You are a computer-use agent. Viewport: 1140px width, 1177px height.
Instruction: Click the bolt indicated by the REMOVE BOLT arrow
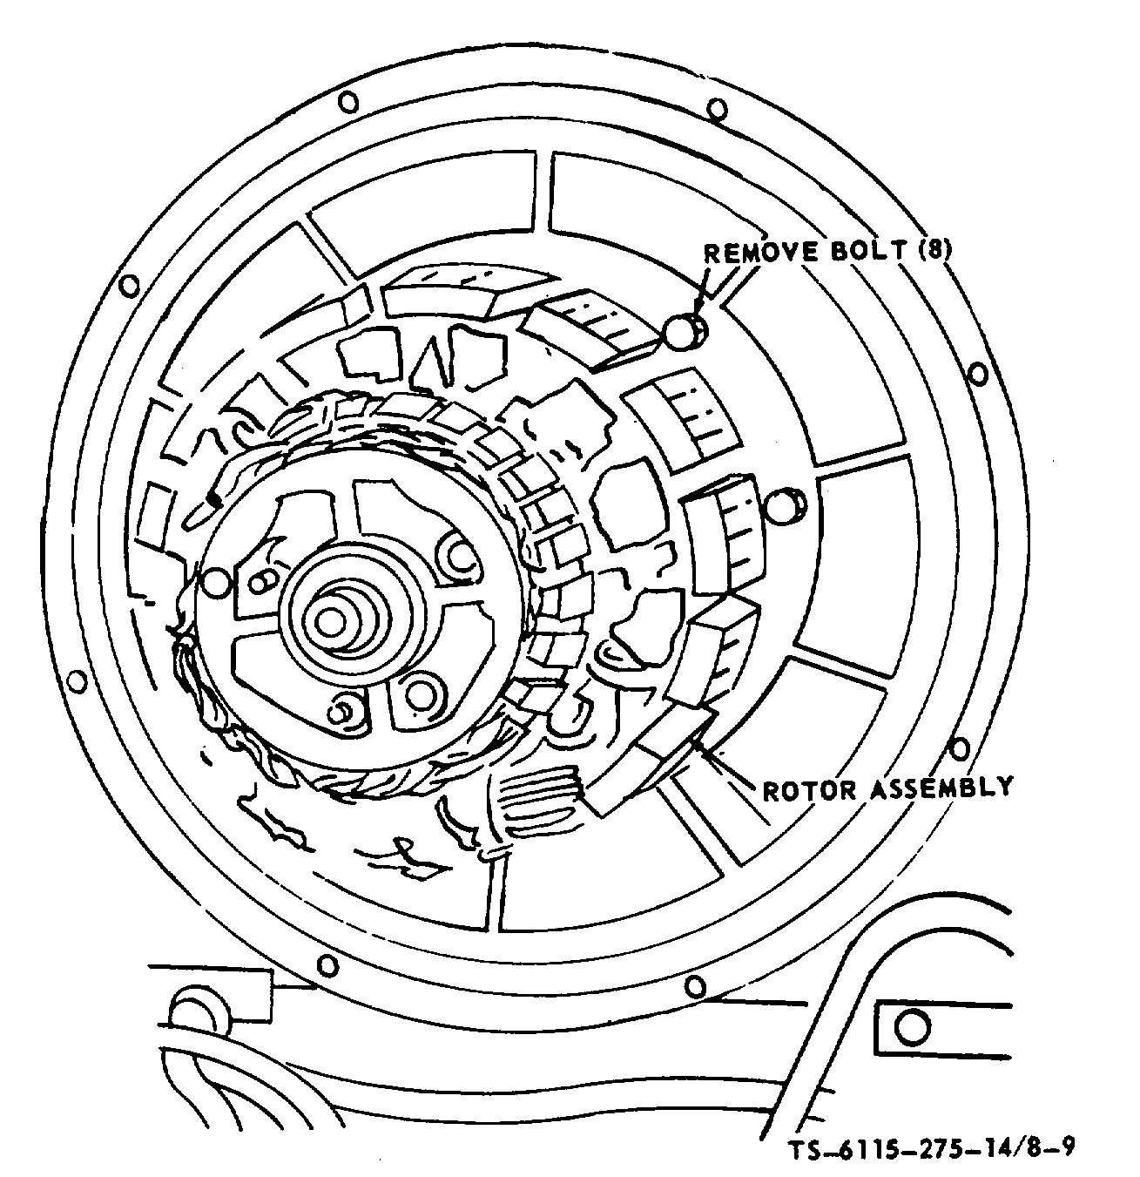pyautogui.click(x=683, y=331)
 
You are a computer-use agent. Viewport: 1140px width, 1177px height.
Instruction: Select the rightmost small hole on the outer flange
pyautogui.click(x=978, y=375)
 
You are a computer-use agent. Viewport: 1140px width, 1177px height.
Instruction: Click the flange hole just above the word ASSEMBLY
pyautogui.click(x=959, y=747)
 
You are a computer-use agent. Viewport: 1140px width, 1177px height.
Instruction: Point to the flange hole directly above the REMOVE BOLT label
pyautogui.click(x=716, y=110)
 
